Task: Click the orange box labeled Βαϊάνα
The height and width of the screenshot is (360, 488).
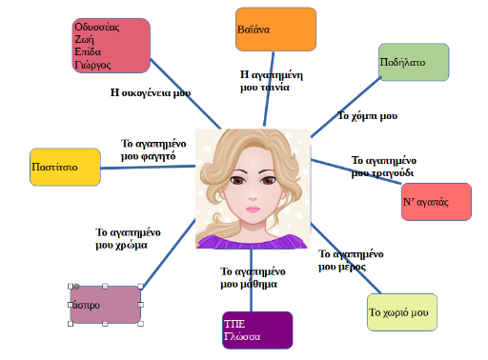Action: (x=275, y=30)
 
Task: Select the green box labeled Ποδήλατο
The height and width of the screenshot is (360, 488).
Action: (x=414, y=62)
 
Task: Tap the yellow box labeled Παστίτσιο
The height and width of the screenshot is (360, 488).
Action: (x=65, y=167)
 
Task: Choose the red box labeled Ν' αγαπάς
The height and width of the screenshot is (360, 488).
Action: (x=437, y=202)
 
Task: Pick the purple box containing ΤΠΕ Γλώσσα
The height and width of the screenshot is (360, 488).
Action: (x=257, y=330)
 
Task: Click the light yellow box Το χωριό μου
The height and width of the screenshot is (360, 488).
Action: (x=402, y=312)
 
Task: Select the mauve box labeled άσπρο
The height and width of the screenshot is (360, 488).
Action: (x=106, y=305)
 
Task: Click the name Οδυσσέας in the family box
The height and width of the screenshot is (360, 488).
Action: (x=97, y=28)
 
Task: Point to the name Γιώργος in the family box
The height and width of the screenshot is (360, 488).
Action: (x=92, y=65)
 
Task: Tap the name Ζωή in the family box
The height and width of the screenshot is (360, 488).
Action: (x=84, y=40)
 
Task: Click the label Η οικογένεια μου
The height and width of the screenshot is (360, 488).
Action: (x=151, y=92)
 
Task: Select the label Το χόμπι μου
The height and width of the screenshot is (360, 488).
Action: (x=367, y=116)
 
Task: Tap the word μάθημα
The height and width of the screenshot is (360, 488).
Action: (x=257, y=284)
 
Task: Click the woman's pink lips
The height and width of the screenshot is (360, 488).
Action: (x=253, y=210)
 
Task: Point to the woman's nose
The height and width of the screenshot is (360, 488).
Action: (x=253, y=197)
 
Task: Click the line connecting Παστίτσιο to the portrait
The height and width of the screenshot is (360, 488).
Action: (x=148, y=167)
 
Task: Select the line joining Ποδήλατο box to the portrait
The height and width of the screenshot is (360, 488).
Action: (x=346, y=107)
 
